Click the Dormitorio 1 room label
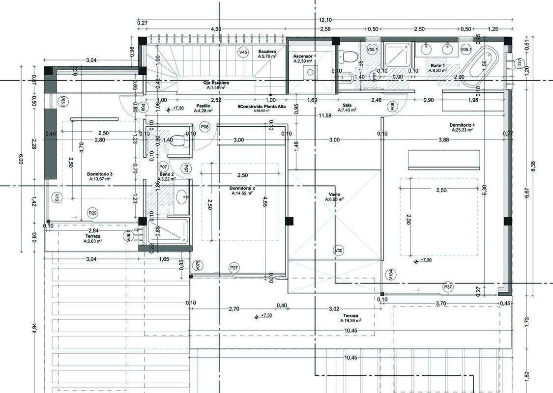(461, 125)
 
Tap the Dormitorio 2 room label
(242, 189)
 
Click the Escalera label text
(267, 51)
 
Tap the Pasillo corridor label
(204, 106)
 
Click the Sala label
(347, 106)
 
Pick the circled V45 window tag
(243, 52)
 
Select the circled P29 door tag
(92, 213)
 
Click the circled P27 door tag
(234, 267)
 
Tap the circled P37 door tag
(448, 286)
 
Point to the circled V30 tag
(338, 250)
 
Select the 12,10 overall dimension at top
(325, 20)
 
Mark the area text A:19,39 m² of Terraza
(350, 320)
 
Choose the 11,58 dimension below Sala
(324, 115)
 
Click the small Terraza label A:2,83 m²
(92, 241)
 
